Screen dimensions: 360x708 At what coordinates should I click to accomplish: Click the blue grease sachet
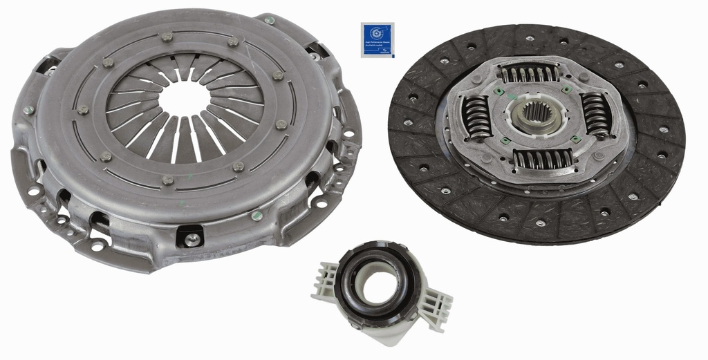coord(377,39)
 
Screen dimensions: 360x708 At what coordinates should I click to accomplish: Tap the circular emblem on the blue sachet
coord(377,32)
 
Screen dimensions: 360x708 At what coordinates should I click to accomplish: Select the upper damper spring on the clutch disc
coord(530,74)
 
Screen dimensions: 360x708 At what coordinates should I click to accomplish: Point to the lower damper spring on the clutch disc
coord(542,159)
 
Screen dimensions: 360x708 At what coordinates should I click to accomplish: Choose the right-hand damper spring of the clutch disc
coord(595,113)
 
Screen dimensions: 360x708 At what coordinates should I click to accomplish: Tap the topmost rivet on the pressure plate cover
coord(167,37)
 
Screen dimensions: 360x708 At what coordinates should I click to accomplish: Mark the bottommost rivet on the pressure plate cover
coord(167,180)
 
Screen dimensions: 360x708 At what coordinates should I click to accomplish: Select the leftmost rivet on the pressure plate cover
coord(83,110)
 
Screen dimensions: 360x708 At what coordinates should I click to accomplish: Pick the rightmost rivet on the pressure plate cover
coord(281,124)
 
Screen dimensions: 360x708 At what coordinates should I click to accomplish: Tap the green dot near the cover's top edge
coord(269,21)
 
